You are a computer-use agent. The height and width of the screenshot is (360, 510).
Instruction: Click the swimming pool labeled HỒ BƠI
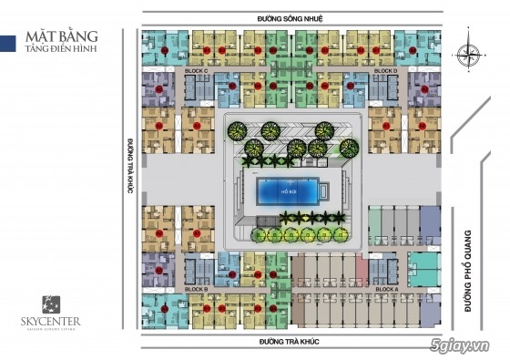point(288,192)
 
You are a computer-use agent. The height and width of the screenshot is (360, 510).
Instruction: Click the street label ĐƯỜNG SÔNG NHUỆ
point(290,18)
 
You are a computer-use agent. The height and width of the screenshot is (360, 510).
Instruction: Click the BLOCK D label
point(384,70)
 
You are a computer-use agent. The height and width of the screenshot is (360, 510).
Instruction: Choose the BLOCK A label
point(385,288)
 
